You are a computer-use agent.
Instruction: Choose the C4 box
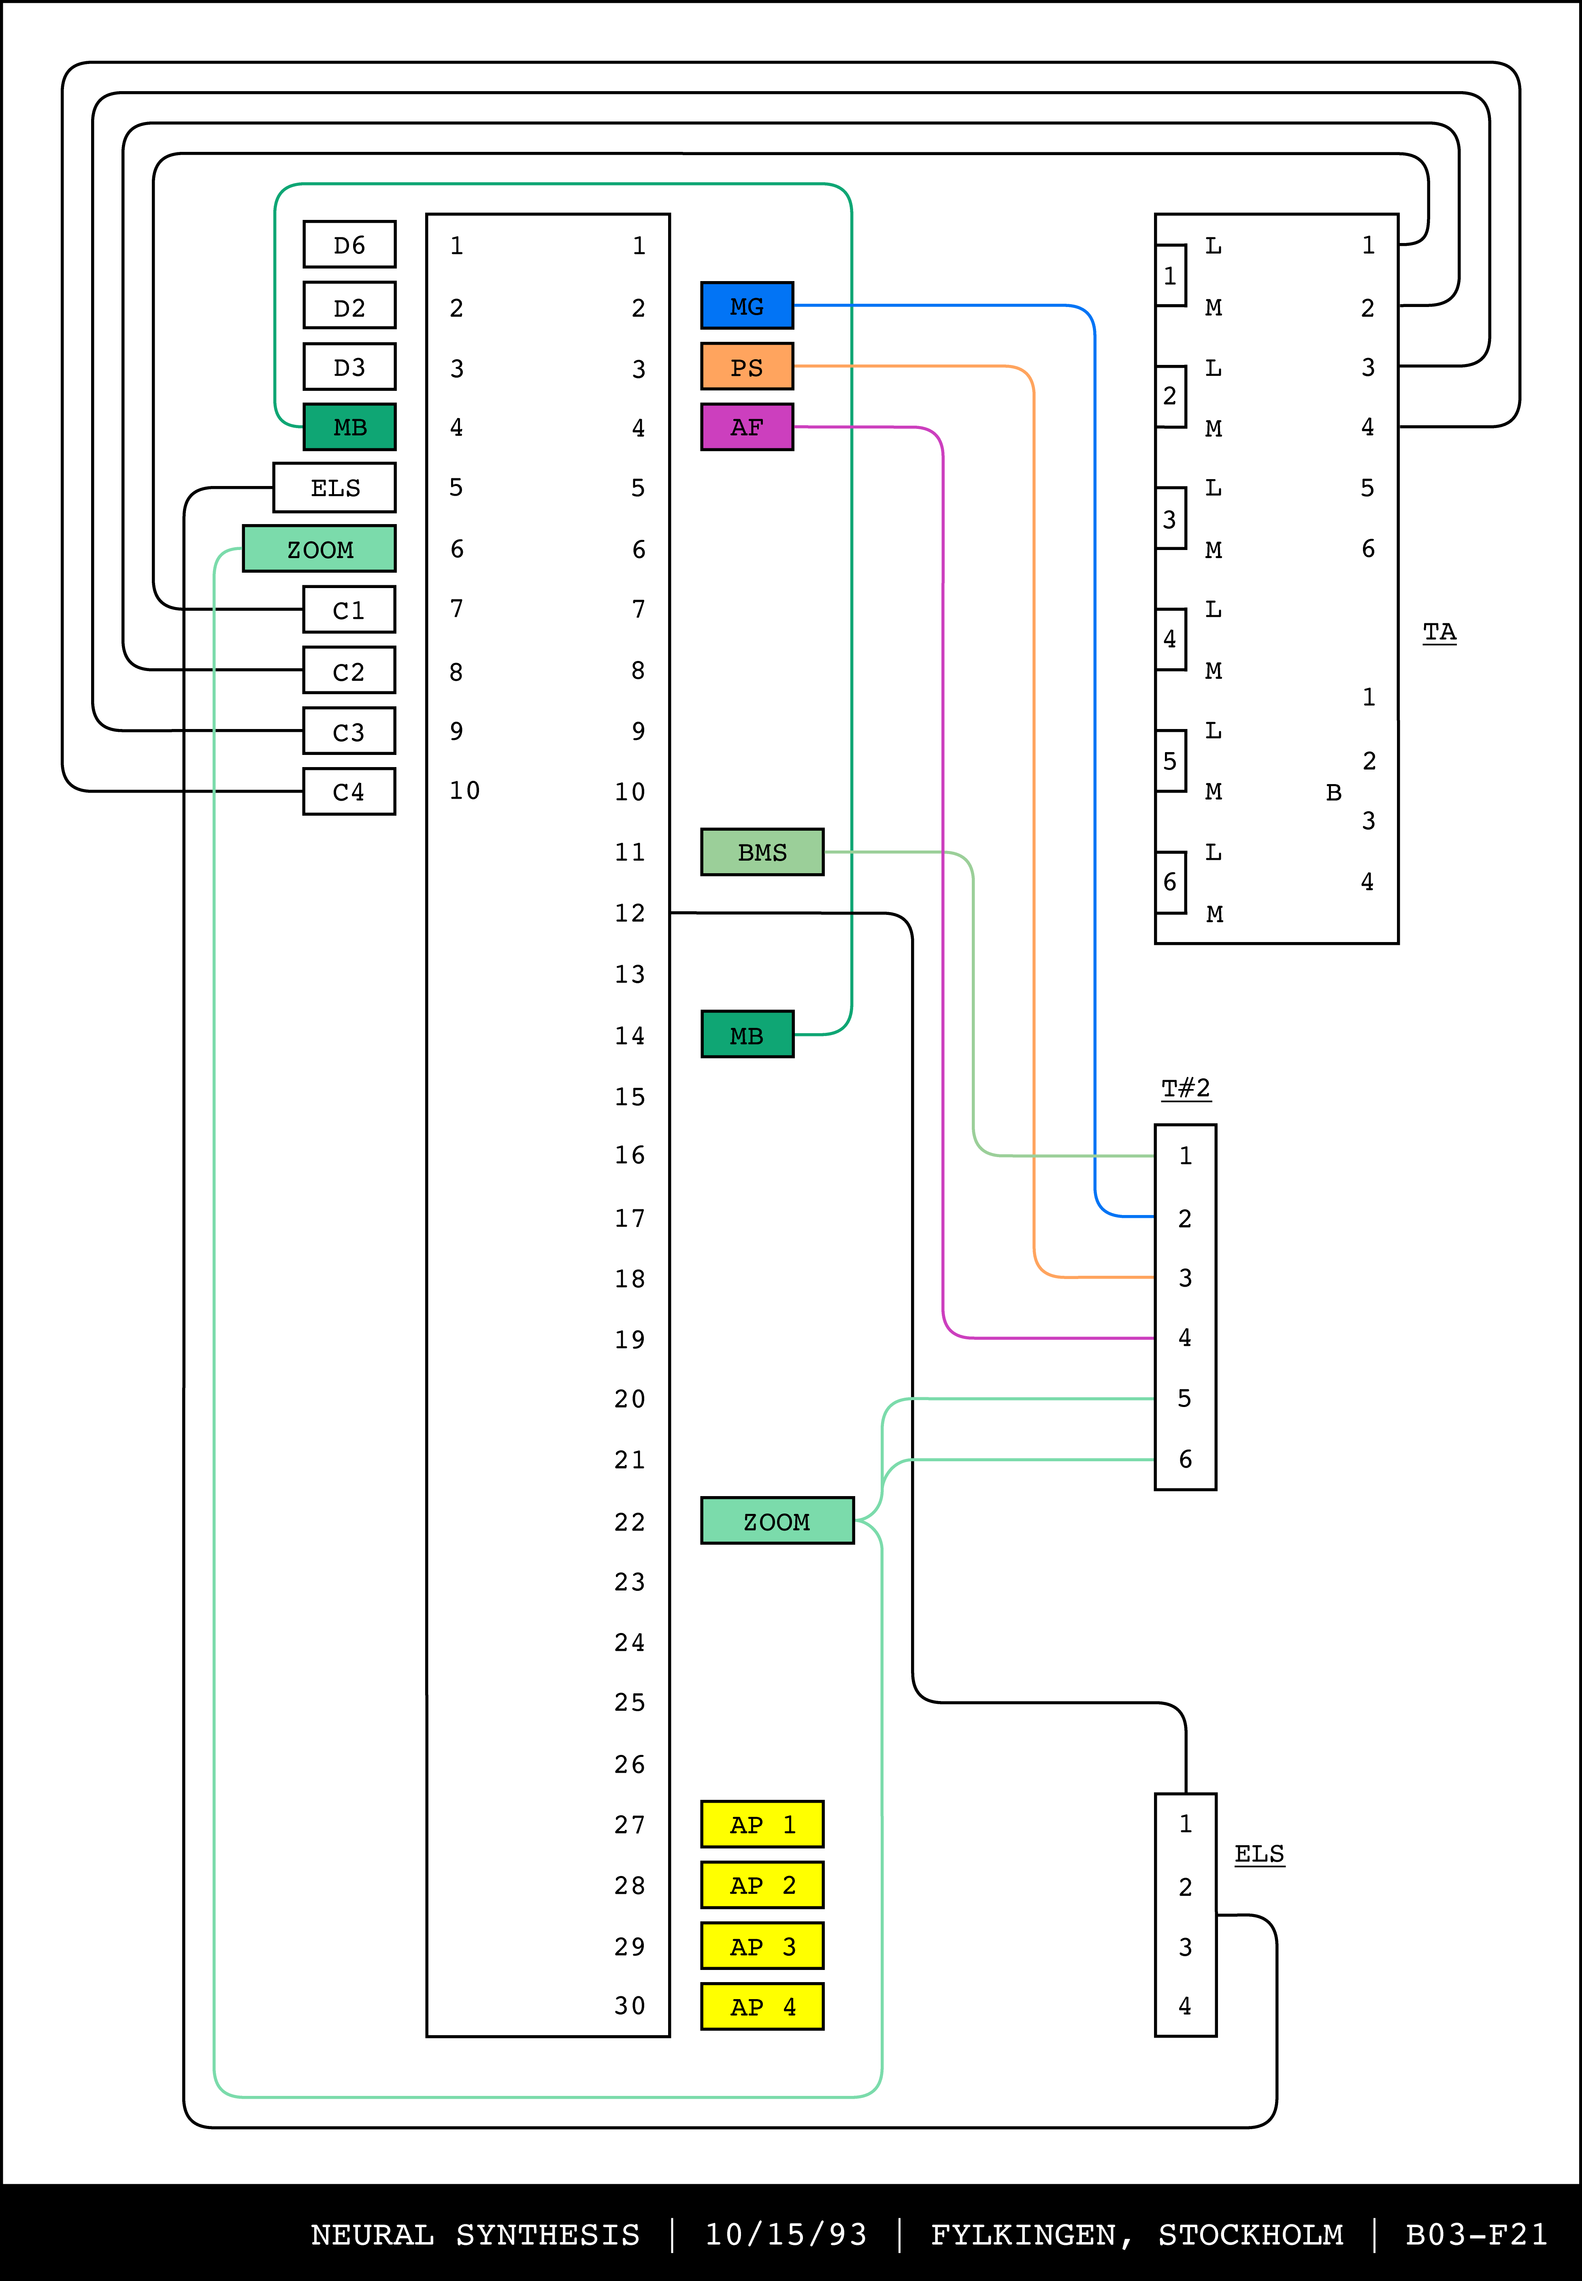(x=349, y=791)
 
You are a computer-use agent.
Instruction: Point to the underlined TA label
(x=1439, y=631)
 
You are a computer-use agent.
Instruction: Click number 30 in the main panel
(x=629, y=2006)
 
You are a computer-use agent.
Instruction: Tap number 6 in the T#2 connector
(x=1184, y=1458)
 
